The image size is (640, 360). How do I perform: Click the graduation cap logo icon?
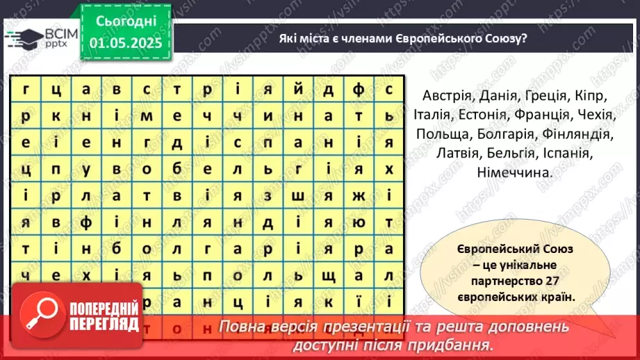(23, 39)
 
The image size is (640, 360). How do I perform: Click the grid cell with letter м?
(146, 115)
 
